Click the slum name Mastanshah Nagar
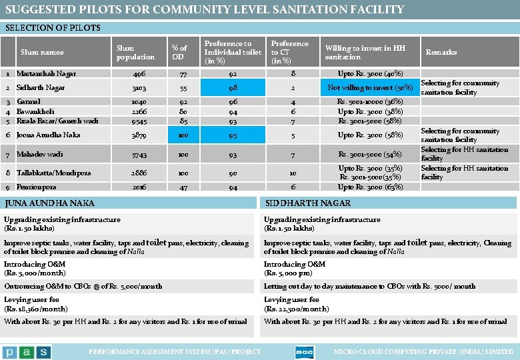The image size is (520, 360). tap(46, 74)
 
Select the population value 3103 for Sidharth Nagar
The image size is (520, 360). tap(139, 88)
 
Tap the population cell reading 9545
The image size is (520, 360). tap(139, 121)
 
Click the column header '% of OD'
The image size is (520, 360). tap(179, 53)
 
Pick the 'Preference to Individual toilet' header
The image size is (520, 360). tap(233, 52)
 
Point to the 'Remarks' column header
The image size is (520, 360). tap(441, 52)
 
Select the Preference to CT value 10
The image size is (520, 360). tap(293, 173)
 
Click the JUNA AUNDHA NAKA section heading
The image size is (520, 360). tap(49, 203)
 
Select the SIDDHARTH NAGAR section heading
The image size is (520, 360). tap(299, 203)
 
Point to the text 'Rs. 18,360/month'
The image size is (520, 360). tap(36, 309)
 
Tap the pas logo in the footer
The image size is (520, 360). tap(26, 351)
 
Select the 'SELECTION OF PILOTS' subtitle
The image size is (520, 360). tap(53, 27)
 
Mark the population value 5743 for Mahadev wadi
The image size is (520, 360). tap(139, 155)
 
